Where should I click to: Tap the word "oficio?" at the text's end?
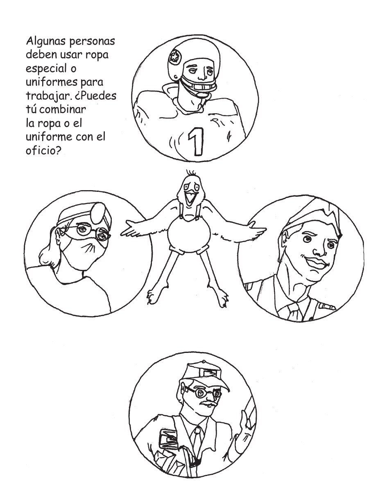(x=43, y=151)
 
